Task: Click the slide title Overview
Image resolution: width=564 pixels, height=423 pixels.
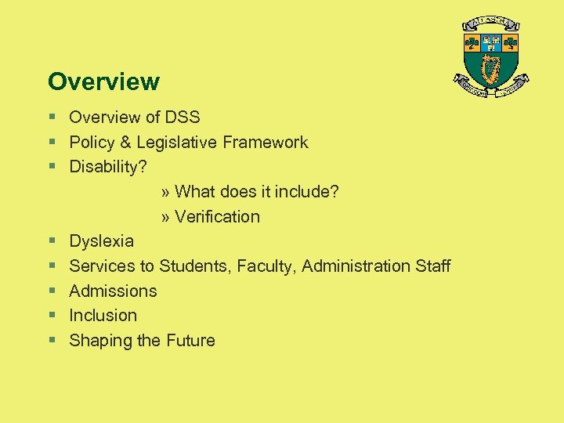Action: (x=103, y=81)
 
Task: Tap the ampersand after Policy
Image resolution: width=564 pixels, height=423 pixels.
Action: (x=127, y=143)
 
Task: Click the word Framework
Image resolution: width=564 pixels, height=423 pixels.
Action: (x=266, y=143)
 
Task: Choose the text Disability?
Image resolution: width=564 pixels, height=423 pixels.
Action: (x=108, y=167)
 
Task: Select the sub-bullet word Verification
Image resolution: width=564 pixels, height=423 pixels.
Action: (x=217, y=217)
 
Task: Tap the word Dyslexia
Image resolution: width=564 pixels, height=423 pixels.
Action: (x=101, y=241)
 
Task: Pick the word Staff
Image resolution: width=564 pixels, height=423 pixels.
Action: (x=432, y=266)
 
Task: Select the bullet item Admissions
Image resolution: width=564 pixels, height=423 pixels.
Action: (x=113, y=291)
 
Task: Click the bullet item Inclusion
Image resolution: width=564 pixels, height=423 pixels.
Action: (x=103, y=316)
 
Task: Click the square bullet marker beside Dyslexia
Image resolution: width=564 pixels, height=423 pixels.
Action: (x=52, y=241)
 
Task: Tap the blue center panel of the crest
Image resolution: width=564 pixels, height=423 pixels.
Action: (x=492, y=42)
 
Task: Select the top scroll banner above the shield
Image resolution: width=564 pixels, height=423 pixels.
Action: (x=492, y=23)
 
